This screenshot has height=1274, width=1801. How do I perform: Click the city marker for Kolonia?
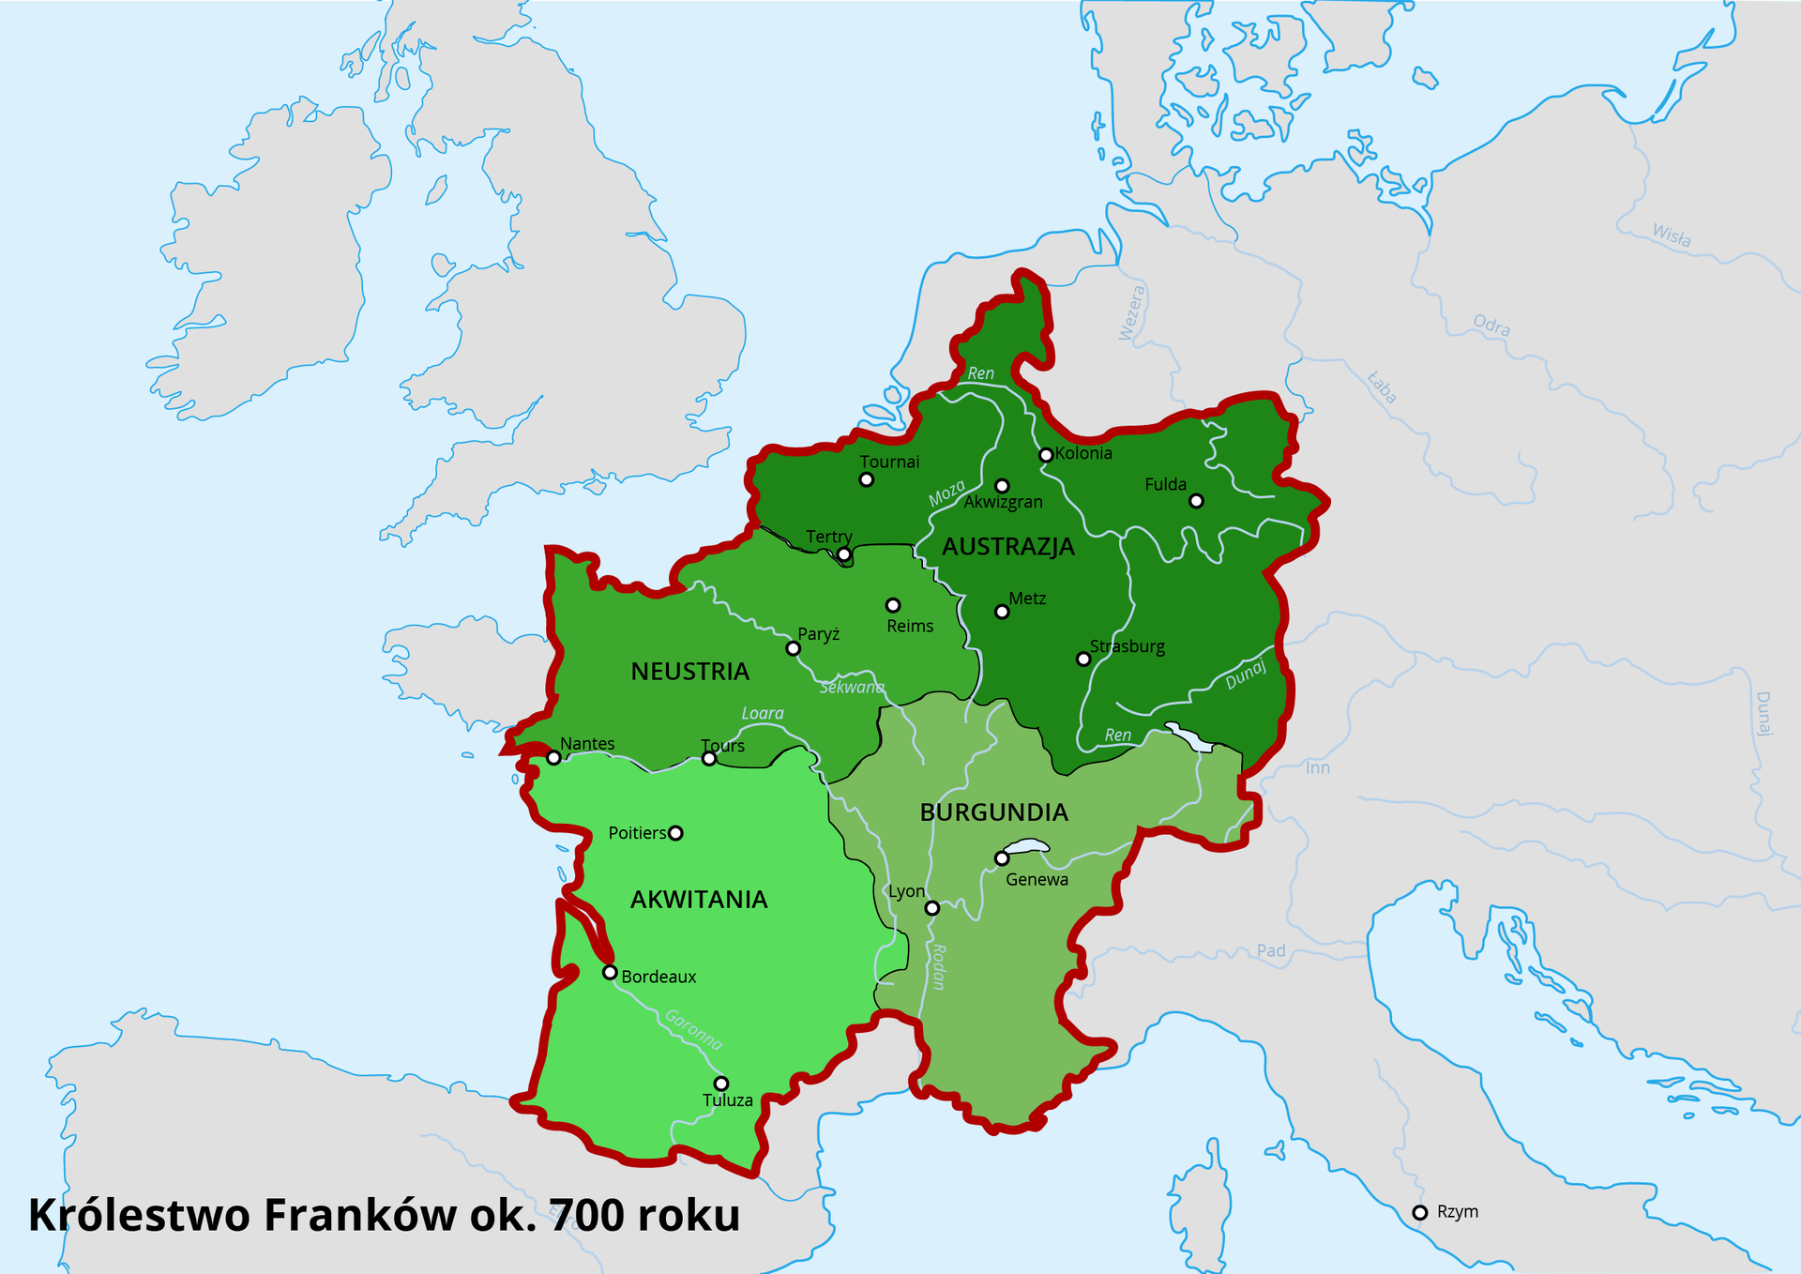coord(1046,455)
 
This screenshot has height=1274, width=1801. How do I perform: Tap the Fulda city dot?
coord(1196,501)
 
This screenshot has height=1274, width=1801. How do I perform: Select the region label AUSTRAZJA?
coord(1007,547)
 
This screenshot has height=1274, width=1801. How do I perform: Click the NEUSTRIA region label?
coord(689,672)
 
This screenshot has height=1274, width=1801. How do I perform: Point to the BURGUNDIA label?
coord(993,812)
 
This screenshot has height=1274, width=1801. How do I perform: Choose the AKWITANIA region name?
coord(699,900)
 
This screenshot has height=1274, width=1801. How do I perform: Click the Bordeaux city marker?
coord(610,973)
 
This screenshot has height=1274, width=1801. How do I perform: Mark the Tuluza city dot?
coord(720,1084)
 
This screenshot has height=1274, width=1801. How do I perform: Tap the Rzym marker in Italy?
coord(1419,1213)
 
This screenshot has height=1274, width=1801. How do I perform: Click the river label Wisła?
coord(1671,235)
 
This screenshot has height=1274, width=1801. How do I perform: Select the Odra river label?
coord(1491,326)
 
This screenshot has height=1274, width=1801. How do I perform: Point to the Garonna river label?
coord(694,1029)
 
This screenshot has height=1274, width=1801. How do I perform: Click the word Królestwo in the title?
coord(139,1216)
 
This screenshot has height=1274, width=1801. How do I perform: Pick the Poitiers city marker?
coord(675,833)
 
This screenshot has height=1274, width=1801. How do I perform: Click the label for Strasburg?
coord(1127,646)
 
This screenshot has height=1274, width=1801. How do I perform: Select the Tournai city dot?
coord(867,480)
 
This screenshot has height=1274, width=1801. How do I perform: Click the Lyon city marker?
coord(931,908)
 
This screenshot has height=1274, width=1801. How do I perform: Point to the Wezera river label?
coord(1132,313)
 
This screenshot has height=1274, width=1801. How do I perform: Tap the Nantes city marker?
coord(554,758)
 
